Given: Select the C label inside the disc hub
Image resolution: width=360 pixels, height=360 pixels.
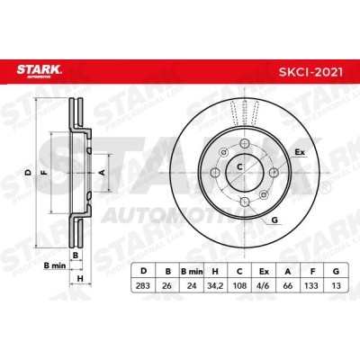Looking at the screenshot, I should [239, 166].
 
